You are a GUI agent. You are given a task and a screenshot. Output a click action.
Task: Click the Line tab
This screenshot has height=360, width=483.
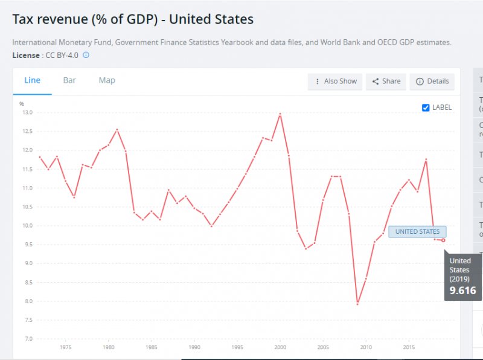(x=32, y=80)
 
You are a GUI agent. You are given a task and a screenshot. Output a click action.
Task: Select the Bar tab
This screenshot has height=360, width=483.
(x=69, y=80)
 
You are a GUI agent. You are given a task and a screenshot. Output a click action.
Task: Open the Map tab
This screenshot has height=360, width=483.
(x=107, y=80)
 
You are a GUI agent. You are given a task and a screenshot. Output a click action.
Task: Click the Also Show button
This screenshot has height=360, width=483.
(x=335, y=82)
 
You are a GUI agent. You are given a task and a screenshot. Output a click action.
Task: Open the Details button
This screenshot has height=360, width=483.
(x=432, y=82)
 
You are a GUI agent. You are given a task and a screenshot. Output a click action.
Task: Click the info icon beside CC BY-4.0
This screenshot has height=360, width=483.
(x=86, y=55)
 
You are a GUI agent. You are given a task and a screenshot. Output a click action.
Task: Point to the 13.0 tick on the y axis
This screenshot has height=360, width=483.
(x=27, y=112)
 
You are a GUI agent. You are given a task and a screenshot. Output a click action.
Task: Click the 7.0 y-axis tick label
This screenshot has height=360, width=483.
(x=28, y=339)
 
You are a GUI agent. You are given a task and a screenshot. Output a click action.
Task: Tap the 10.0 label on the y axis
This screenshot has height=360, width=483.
(x=27, y=226)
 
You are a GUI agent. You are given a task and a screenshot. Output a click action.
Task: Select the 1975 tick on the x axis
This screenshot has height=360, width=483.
(x=66, y=348)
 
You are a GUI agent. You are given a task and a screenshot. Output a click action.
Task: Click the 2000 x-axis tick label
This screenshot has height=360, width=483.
(x=280, y=348)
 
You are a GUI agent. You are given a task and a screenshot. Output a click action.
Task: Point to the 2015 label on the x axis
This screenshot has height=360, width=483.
(x=408, y=348)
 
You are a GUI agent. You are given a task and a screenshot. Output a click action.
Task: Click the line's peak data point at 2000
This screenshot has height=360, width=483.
(x=280, y=114)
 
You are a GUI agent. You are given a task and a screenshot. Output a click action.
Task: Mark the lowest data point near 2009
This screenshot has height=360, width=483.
(x=357, y=303)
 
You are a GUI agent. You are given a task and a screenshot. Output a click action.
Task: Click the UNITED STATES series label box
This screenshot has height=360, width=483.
(x=417, y=231)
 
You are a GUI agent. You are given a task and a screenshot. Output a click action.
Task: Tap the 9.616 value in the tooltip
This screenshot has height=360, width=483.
(x=462, y=291)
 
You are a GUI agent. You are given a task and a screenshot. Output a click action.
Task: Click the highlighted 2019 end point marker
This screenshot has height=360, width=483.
(x=443, y=240)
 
